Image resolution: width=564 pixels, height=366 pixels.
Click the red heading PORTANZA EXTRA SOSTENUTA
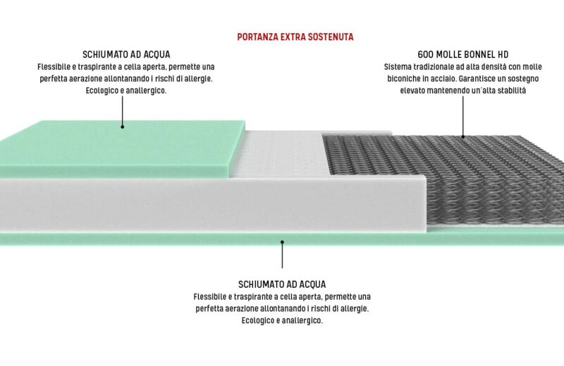[295, 37]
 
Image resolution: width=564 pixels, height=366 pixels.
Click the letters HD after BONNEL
[503, 55]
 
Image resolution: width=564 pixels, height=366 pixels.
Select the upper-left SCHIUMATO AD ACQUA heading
[126, 55]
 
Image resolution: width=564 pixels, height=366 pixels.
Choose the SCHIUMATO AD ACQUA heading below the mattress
[282, 284]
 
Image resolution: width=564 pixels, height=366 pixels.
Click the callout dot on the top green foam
[122, 127]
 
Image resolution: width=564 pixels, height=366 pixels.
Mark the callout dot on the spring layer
[463, 137]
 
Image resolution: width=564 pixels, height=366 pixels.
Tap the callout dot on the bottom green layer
[283, 242]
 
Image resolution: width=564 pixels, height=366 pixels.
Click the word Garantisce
[475, 79]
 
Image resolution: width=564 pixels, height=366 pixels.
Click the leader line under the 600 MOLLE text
[463, 115]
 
